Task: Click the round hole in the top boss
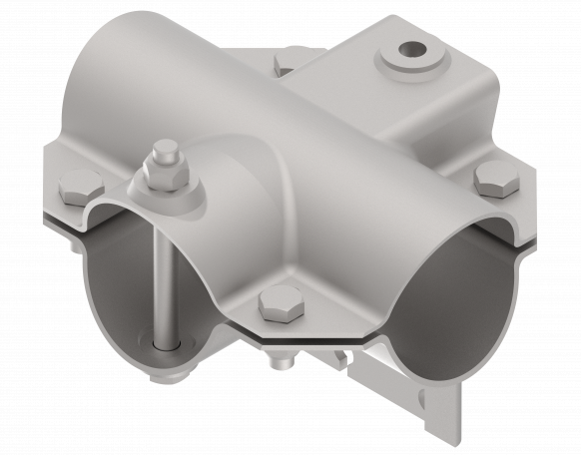click(408, 49)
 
